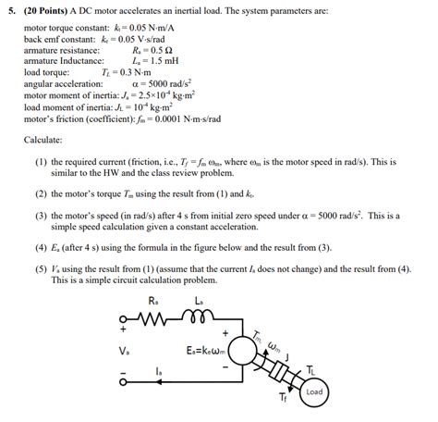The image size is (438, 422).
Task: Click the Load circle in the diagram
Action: click(x=314, y=391)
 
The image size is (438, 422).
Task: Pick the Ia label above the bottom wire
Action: click(x=159, y=372)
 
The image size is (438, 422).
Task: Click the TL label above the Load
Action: click(x=311, y=368)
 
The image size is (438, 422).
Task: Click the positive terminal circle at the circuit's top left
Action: click(x=124, y=317)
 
